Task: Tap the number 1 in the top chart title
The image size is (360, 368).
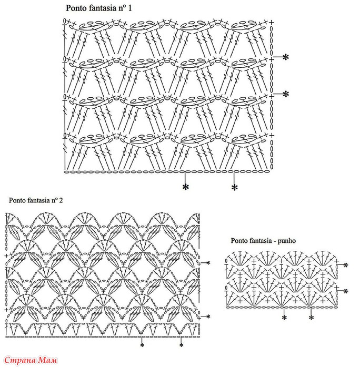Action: pos(129,8)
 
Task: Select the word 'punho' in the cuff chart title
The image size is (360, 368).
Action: pos(287,241)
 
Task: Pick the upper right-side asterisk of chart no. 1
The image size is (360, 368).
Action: pos(285,57)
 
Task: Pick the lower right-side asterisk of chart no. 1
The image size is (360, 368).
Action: pos(285,94)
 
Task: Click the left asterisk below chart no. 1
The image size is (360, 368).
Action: pos(186,187)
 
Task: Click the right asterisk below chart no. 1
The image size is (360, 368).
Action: pos(235,187)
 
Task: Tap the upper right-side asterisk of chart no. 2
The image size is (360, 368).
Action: pos(208,263)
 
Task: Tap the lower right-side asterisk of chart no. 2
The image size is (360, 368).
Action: pos(208,316)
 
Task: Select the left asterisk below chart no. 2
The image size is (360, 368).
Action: pos(142,345)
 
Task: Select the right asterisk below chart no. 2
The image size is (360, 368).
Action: pos(181,345)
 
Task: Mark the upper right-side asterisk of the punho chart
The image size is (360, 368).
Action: pos(345,265)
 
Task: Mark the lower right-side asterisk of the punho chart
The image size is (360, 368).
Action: pos(345,291)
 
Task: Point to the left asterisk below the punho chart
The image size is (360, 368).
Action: pos(284,318)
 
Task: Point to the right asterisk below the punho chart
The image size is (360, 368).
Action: pos(312,318)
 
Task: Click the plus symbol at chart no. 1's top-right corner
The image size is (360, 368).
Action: pos(272,23)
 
